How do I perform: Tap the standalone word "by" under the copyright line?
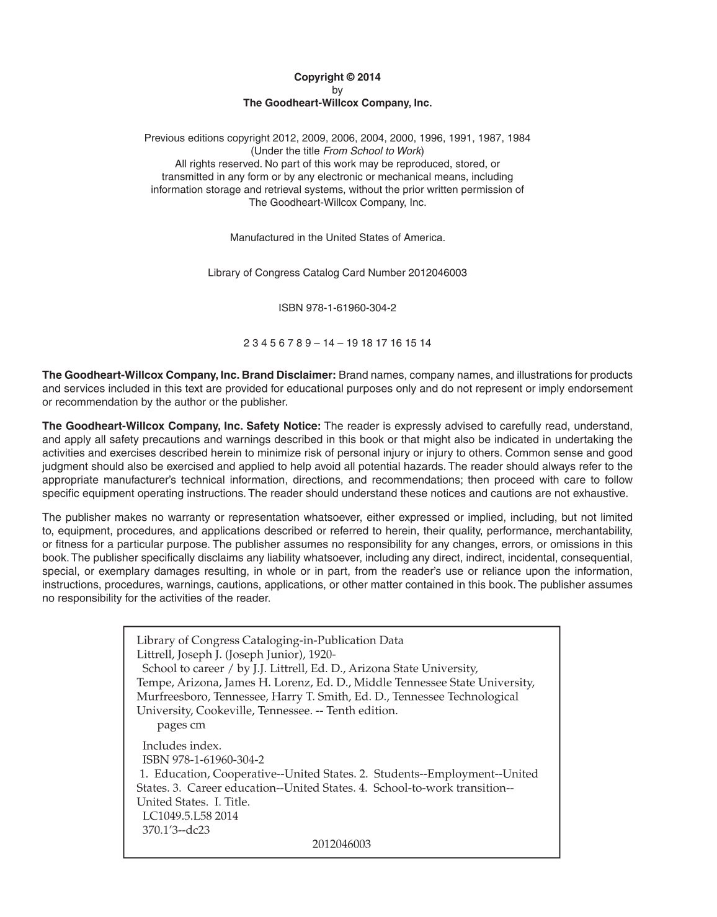click(337, 91)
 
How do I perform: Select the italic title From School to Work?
click(372, 151)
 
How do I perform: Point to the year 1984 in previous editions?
click(519, 138)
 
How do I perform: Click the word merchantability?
click(594, 531)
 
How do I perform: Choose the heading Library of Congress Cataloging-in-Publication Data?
click(270, 640)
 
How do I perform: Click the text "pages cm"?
click(181, 725)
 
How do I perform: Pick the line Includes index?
click(182, 746)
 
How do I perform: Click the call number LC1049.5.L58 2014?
click(190, 816)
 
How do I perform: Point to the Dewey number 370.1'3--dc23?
click(176, 830)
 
